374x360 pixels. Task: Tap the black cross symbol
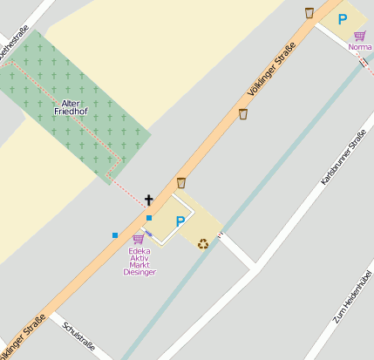pos(149,200)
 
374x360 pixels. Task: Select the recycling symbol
pos(203,243)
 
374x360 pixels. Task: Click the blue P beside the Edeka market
pos(180,222)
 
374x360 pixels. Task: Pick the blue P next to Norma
pos(343,19)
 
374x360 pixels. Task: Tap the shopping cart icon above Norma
pos(359,36)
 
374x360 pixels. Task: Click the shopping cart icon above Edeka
pos(138,239)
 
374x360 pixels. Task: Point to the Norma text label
pos(360,47)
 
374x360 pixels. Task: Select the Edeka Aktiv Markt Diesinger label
pos(139,262)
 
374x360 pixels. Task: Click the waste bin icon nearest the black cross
pos(181,183)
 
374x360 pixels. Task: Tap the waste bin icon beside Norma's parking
pos(309,13)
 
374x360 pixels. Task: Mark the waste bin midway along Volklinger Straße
pos(244,114)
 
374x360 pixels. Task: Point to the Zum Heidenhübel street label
pos(352,296)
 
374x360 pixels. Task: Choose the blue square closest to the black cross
pos(149,218)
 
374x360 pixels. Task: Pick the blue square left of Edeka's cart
pos(115,234)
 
